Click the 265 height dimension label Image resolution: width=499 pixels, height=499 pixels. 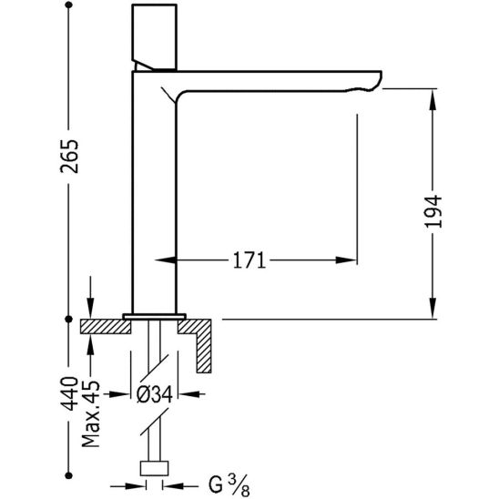(x=69, y=157)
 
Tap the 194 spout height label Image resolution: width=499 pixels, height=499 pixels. (x=433, y=211)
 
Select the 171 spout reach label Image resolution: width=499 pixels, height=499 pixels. (x=249, y=260)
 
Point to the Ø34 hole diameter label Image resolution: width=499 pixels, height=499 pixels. (x=155, y=394)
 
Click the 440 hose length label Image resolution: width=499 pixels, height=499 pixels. (x=69, y=393)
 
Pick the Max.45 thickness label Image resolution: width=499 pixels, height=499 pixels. (x=91, y=413)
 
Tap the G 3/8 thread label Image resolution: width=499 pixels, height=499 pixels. (x=229, y=486)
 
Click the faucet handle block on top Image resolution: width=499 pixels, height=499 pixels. (x=154, y=36)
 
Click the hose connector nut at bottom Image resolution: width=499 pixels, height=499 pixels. (x=154, y=468)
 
